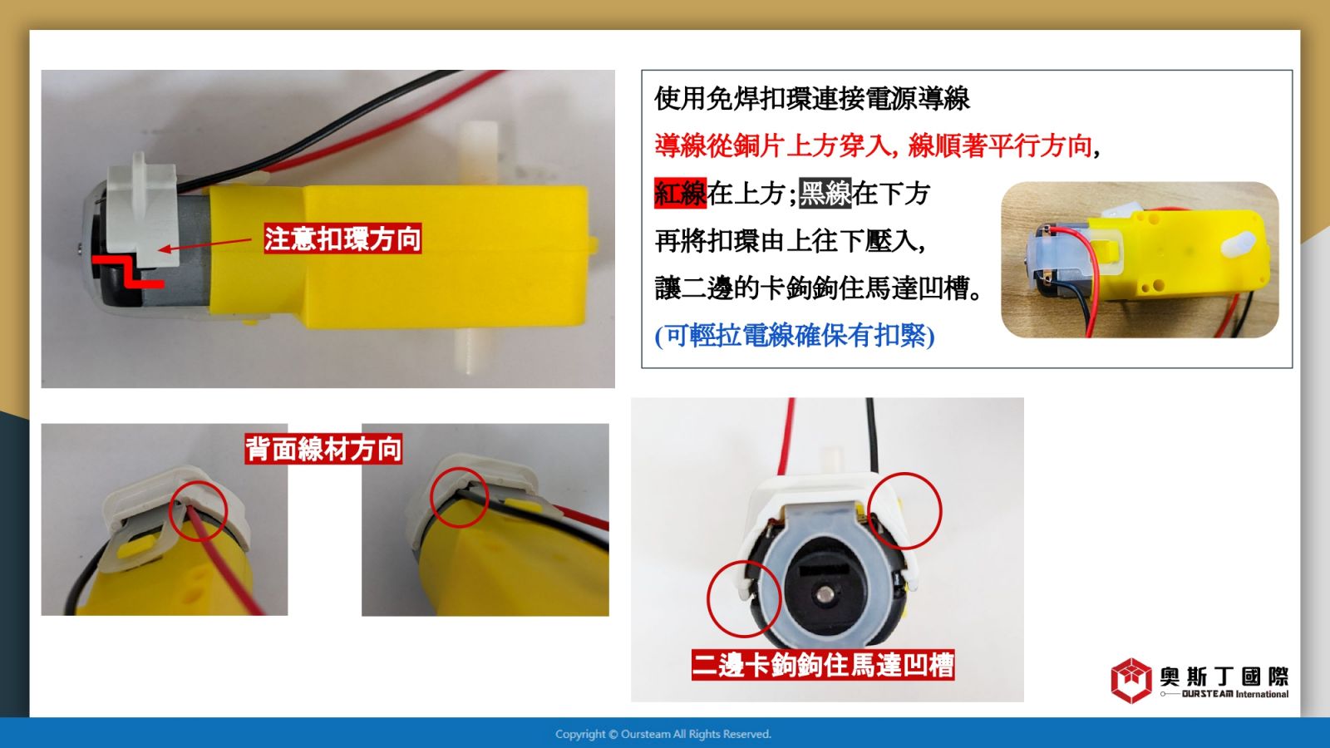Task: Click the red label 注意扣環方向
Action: [x=342, y=239]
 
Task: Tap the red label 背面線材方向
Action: [x=323, y=449]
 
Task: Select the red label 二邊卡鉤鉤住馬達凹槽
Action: [x=823, y=665]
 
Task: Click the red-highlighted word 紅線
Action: [x=681, y=193]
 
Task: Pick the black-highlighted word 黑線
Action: [x=825, y=193]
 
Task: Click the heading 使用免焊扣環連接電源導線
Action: [x=812, y=99]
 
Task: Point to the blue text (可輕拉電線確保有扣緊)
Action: [x=795, y=336]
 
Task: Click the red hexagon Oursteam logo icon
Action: [x=1131, y=681]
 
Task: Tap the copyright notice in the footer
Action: [x=663, y=735]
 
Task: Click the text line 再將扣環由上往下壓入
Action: [x=791, y=241]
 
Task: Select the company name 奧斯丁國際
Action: [x=1224, y=677]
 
